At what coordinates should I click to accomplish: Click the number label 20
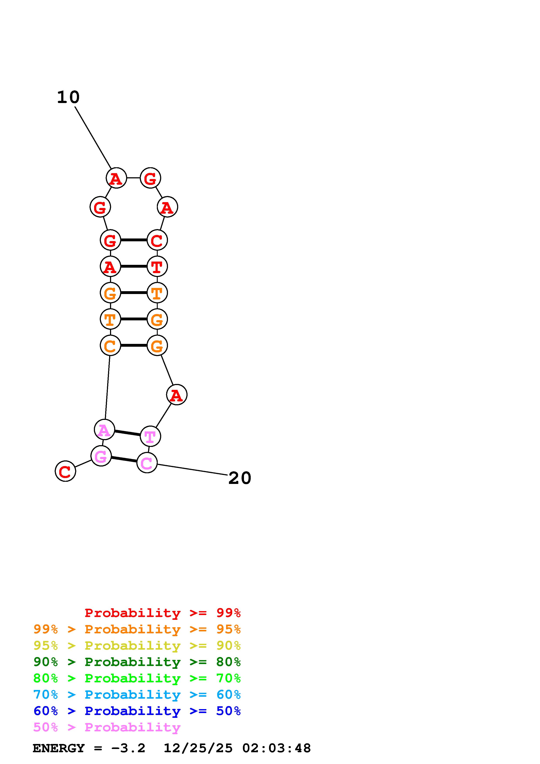click(x=240, y=478)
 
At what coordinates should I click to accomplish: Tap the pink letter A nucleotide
click(x=105, y=430)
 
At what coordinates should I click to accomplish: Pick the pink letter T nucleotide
click(x=150, y=437)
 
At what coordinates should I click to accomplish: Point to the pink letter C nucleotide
click(x=147, y=463)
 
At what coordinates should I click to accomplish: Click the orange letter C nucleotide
click(x=110, y=346)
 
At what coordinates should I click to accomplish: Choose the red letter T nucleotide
click(x=157, y=267)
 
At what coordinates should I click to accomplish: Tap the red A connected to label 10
click(x=116, y=178)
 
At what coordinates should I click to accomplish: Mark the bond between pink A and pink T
click(x=127, y=433)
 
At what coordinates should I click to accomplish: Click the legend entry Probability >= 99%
click(x=163, y=613)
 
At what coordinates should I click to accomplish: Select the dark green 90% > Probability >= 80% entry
click(x=137, y=662)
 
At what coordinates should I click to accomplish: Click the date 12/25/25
click(x=198, y=748)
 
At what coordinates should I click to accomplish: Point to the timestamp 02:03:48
click(x=276, y=748)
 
